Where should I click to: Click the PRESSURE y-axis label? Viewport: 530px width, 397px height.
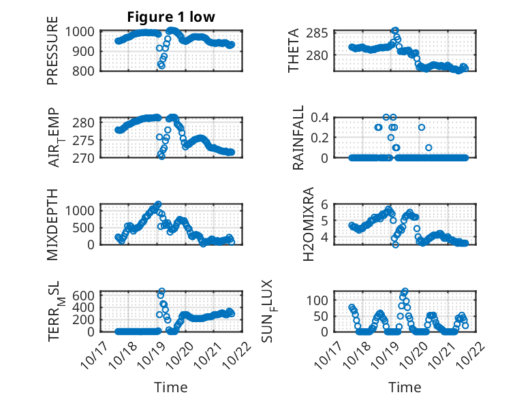52,56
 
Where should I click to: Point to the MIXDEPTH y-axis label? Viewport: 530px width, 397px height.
52,224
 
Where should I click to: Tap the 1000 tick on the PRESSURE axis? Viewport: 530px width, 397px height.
84,32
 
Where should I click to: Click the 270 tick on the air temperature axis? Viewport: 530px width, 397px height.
87,157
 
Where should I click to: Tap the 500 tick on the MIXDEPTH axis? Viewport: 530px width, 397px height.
87,227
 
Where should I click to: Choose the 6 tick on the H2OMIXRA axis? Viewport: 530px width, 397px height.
325,204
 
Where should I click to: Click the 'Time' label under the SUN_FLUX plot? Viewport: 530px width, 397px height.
405,387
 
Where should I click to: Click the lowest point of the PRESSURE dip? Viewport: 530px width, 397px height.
161,66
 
